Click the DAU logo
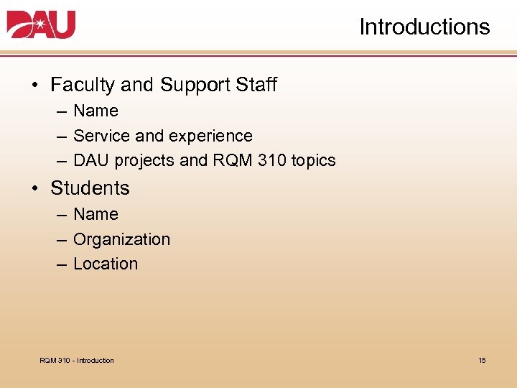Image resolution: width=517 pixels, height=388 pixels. click(41, 25)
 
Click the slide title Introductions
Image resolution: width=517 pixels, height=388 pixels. click(424, 27)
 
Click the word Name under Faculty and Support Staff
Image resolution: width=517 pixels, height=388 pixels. click(96, 111)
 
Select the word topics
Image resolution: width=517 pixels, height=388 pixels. click(313, 161)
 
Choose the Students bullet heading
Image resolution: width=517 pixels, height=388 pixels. click(90, 188)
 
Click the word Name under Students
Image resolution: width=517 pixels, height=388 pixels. click(96, 214)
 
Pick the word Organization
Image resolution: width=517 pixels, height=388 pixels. click(121, 239)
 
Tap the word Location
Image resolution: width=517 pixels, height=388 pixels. click(106, 264)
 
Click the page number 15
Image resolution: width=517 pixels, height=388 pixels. click(482, 360)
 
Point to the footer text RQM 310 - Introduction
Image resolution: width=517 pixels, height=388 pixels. click(77, 360)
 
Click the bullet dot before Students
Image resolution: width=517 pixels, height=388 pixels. click(35, 189)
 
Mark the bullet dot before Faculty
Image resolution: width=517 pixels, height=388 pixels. click(35, 86)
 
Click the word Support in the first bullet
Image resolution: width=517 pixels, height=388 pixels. click(187, 86)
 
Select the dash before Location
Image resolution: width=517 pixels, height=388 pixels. click(62, 264)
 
